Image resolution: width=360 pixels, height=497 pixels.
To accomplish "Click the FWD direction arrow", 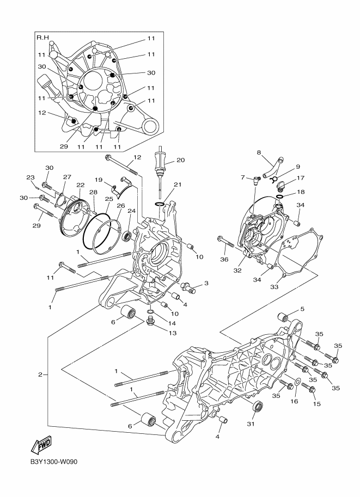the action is [x=41, y=445].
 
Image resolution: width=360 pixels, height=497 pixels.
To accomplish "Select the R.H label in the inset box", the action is [x=42, y=38].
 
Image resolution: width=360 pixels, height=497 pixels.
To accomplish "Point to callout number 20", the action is [x=180, y=161].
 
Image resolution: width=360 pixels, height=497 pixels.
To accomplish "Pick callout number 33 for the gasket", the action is [x=274, y=287].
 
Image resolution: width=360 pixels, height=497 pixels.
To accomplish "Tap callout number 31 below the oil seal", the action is [x=251, y=424].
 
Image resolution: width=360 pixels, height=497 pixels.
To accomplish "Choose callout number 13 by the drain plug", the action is [x=173, y=333].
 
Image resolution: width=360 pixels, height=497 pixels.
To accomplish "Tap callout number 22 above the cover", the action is [x=81, y=185].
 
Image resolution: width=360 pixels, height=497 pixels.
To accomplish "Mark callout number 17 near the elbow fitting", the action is [x=301, y=178].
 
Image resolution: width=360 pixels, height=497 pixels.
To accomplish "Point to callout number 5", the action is [x=302, y=309].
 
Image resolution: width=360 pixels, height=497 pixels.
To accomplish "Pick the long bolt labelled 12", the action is [x=123, y=165].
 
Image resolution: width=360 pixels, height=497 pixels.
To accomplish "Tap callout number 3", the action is [x=206, y=283].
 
